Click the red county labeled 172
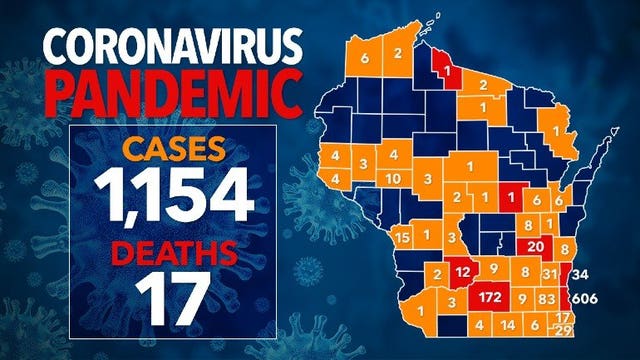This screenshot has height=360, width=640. point(490,298)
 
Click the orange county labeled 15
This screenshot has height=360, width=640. point(402,237)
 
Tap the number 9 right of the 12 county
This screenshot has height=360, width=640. point(493,270)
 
